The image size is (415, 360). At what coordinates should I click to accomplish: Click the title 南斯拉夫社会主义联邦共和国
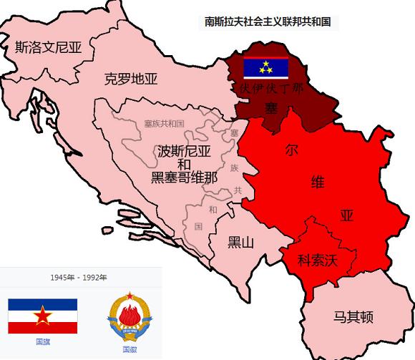click(x=268, y=22)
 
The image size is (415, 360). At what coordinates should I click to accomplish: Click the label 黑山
click(x=240, y=242)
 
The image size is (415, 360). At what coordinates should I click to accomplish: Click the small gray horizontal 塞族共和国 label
click(x=164, y=123)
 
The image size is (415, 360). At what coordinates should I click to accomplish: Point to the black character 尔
click(x=291, y=150)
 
